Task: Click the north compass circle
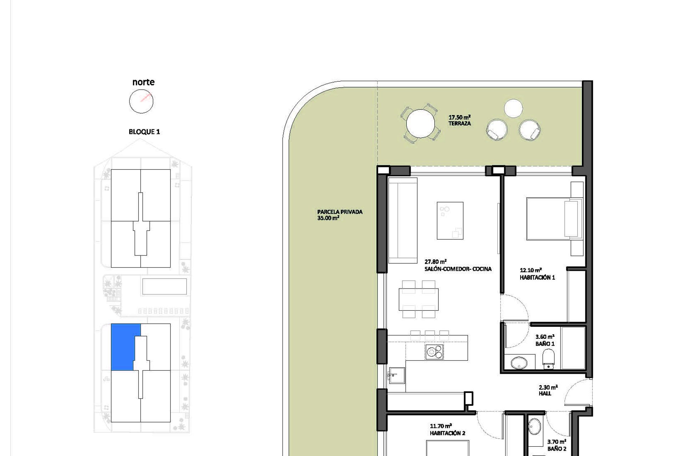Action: point(130,102)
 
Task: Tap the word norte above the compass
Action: point(143,82)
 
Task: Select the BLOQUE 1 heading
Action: point(144,132)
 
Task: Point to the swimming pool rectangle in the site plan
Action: point(164,286)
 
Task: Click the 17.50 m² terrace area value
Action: point(460,117)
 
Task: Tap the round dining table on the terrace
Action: point(421,124)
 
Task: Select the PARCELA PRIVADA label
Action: point(340,212)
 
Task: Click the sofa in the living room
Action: point(403,221)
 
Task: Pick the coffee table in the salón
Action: point(450,221)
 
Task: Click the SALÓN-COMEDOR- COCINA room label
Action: point(458,269)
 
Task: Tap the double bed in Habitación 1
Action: point(554,219)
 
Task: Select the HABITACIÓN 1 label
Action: point(537,278)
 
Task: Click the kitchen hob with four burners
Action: point(435,352)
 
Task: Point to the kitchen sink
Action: point(396,375)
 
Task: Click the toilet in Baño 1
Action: point(548,358)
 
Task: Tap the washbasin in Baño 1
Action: point(519,363)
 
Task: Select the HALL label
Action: point(545,394)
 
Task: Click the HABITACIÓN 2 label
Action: point(447,433)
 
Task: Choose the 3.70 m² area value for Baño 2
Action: point(557,442)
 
